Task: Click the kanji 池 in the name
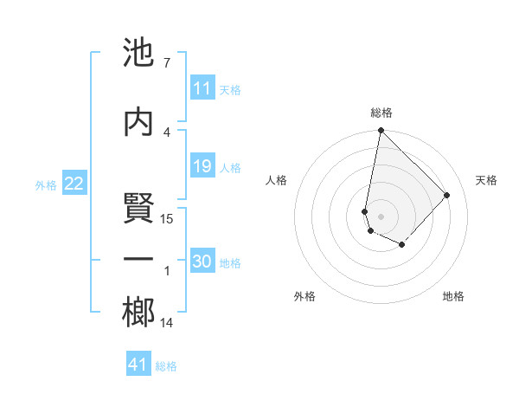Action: pyautogui.click(x=139, y=55)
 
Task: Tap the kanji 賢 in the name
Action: pyautogui.click(x=139, y=209)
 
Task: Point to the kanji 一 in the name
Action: pyautogui.click(x=139, y=260)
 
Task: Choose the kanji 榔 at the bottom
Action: pyautogui.click(x=139, y=313)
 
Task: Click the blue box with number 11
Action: pyautogui.click(x=202, y=88)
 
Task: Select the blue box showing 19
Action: pyautogui.click(x=202, y=166)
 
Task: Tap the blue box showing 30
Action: pyautogui.click(x=202, y=262)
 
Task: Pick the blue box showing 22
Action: pyautogui.click(x=74, y=184)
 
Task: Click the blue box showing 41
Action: pyautogui.click(x=138, y=365)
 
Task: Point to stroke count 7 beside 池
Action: pyautogui.click(x=166, y=63)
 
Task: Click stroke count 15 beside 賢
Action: pyautogui.click(x=167, y=219)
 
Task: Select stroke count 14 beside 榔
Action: pyautogui.click(x=167, y=323)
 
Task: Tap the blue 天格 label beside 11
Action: pyautogui.click(x=230, y=89)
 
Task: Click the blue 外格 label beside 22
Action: pyautogui.click(x=46, y=184)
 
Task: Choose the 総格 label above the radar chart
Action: pyautogui.click(x=381, y=113)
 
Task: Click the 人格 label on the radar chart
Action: pyautogui.click(x=277, y=180)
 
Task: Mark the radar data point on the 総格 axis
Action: pyautogui.click(x=381, y=131)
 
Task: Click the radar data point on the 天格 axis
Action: pyautogui.click(x=447, y=195)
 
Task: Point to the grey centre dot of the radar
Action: pyautogui.click(x=381, y=215)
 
